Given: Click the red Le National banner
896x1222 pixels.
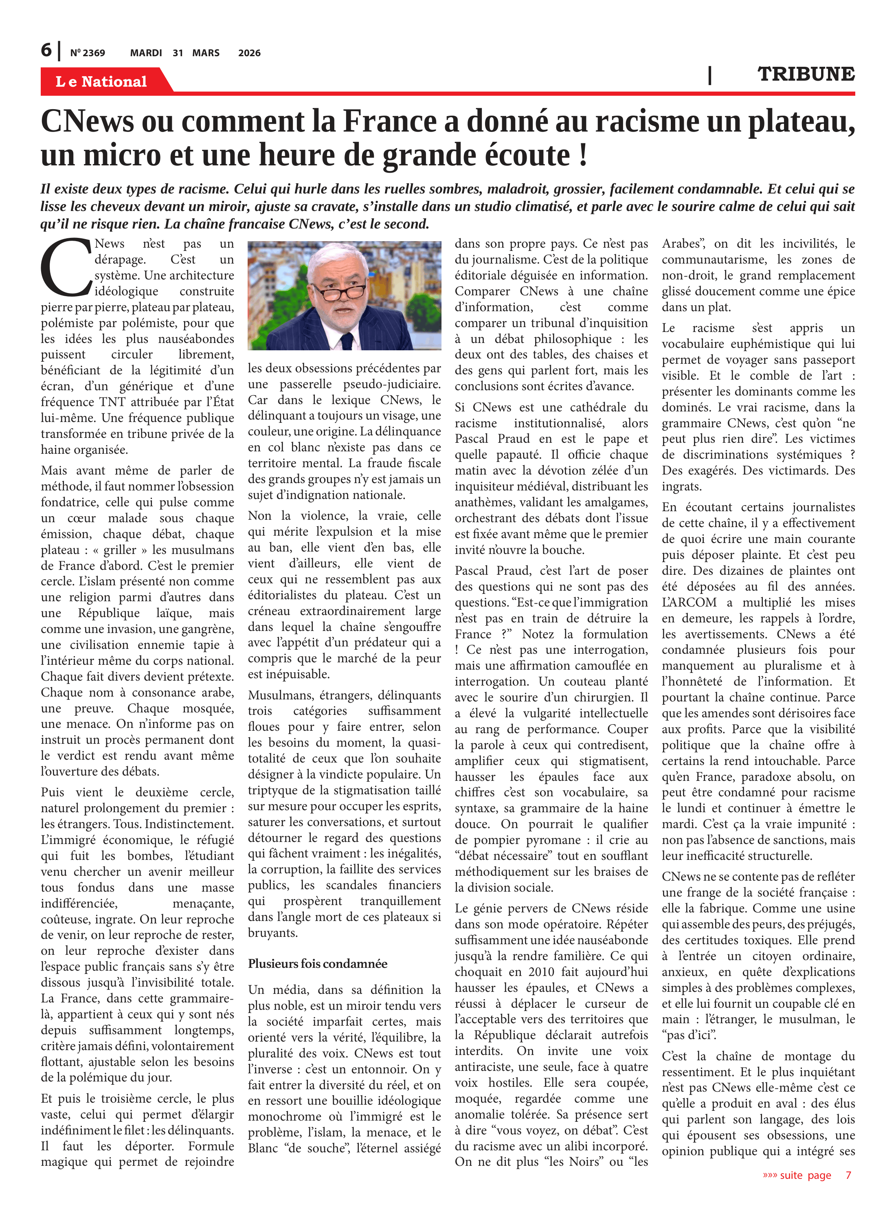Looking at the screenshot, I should pos(102,81).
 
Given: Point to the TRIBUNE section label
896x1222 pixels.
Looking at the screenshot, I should pos(806,74).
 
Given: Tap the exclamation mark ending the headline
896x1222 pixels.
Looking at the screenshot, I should pos(583,156).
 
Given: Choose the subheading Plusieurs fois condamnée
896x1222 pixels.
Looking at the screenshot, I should pos(317,963).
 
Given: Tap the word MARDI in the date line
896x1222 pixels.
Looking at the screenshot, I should pos(146,53).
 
